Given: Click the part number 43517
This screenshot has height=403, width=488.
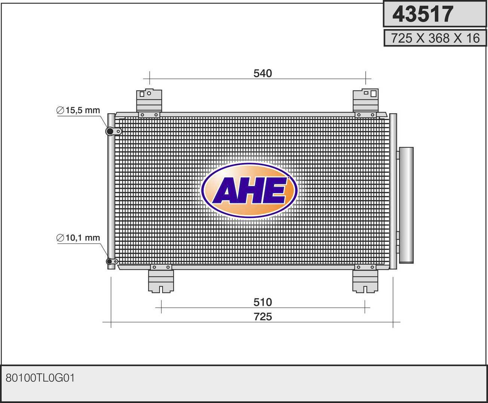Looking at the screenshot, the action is pyautogui.click(x=423, y=14).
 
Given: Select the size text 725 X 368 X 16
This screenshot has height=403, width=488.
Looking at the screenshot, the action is pyautogui.click(x=435, y=38).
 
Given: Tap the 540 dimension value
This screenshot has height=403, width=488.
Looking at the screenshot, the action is pyautogui.click(x=263, y=74).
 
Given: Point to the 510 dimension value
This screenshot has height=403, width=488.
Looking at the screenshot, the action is pyautogui.click(x=263, y=302).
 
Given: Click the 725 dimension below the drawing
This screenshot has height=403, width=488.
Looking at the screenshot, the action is pyautogui.click(x=263, y=317).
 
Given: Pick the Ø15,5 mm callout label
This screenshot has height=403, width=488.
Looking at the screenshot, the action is pyautogui.click(x=78, y=110).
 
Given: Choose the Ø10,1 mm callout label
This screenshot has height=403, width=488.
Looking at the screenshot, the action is pyautogui.click(x=78, y=238).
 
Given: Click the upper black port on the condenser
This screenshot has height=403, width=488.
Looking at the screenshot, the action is pyautogui.click(x=110, y=131).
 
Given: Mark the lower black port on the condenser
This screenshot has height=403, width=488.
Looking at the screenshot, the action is pyautogui.click(x=109, y=262).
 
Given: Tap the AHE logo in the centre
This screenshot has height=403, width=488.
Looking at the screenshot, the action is pyautogui.click(x=249, y=190).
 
